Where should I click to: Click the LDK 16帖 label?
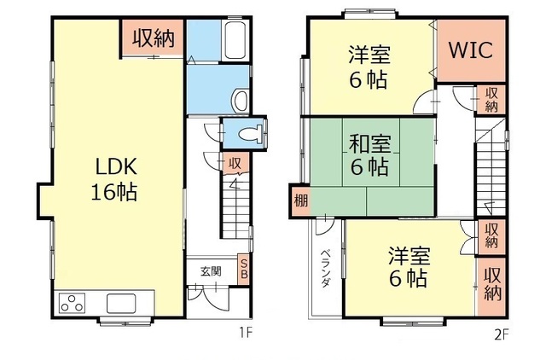click(114, 178)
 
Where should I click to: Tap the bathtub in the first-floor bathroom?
click(235, 40)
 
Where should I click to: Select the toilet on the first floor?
click(251, 134)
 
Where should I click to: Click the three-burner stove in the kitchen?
click(72, 303)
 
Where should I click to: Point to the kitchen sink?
click(121, 303)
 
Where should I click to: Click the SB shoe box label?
click(244, 269)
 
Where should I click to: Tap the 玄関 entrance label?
click(211, 271)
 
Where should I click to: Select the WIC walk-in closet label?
click(471, 50)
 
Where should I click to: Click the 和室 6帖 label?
click(369, 155)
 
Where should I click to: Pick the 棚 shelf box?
click(300, 200)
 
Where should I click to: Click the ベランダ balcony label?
click(325, 268)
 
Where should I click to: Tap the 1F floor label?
click(245, 334)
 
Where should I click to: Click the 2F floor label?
click(502, 334)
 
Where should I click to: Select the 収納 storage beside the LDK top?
click(153, 38)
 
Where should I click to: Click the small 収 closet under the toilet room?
click(235, 163)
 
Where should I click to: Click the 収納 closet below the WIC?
click(491, 100)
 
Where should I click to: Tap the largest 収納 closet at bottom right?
click(491, 287)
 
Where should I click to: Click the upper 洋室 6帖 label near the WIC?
click(369, 67)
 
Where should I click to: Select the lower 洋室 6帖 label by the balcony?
click(409, 266)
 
